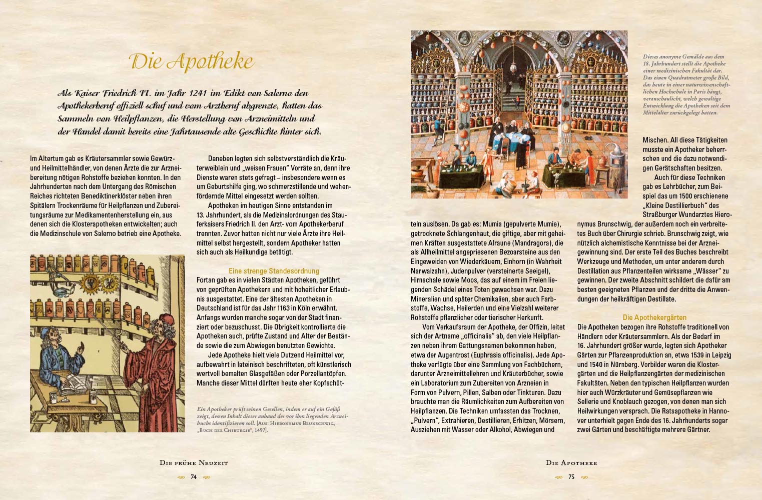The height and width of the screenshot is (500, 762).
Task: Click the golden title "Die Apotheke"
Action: coord(192,62)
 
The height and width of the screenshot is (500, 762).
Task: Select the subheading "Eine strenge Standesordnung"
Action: coord(274,271)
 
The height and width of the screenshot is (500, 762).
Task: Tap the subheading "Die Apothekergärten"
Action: coord(654,317)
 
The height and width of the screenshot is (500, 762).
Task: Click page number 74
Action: coord(194,477)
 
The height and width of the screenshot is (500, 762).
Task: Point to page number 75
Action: coord(571,477)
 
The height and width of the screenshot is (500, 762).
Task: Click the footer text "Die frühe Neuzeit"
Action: coord(194,463)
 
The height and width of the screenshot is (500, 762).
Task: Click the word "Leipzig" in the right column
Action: coord(719,355)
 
